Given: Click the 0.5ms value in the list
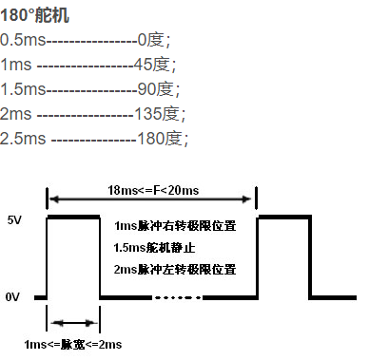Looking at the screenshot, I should (x=23, y=40).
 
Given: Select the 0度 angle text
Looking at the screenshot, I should (x=151, y=40).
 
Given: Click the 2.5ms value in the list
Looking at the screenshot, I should (x=24, y=139).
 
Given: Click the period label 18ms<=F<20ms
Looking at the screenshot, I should (x=151, y=190).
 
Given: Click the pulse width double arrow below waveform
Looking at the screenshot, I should (x=72, y=321).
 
